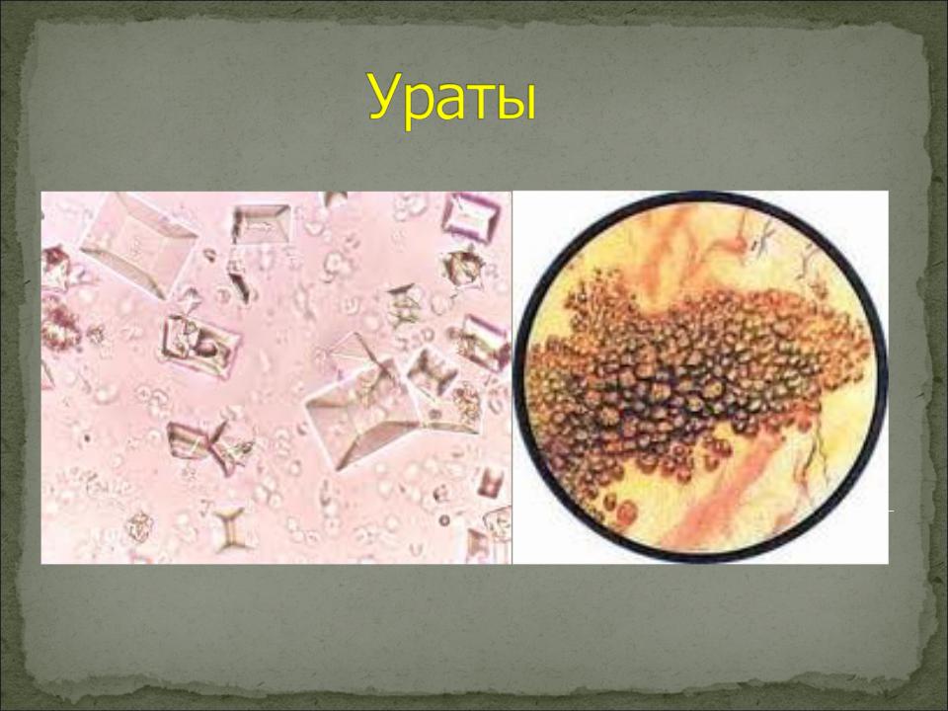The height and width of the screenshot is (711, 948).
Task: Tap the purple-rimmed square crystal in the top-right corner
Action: click(x=472, y=216)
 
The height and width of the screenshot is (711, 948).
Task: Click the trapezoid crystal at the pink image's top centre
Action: click(x=261, y=222)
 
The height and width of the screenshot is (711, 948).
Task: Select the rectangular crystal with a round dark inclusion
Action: click(x=199, y=344)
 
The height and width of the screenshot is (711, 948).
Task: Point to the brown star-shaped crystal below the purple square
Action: click(x=462, y=267)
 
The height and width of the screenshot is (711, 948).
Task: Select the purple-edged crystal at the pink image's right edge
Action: click(x=484, y=342)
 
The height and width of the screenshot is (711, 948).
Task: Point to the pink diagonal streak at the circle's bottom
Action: click(x=726, y=484)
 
